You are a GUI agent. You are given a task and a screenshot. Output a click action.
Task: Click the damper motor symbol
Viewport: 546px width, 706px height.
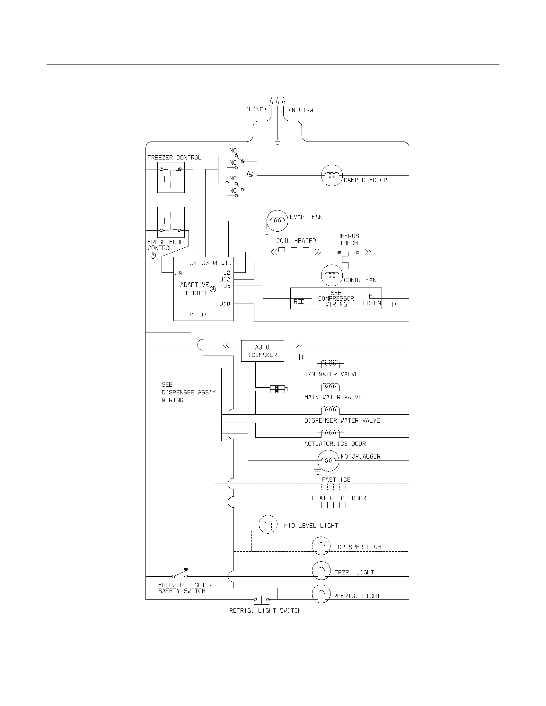point(331,176)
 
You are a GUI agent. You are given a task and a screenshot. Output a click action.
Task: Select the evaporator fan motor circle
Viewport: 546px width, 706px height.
point(277,221)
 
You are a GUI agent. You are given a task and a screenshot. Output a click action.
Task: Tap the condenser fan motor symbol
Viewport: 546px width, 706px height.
point(331,275)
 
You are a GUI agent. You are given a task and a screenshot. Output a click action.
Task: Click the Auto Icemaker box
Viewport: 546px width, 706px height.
point(262,351)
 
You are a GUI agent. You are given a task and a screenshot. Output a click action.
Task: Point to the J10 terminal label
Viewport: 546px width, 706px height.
point(225,304)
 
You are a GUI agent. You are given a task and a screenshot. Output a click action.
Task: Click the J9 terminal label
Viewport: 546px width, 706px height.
point(179,273)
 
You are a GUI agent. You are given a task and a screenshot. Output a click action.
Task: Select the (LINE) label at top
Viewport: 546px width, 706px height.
point(256,109)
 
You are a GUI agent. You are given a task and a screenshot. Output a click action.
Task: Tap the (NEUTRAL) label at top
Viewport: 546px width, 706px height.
point(304,110)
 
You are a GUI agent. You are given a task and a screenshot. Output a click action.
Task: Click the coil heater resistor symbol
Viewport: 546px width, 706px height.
point(295,250)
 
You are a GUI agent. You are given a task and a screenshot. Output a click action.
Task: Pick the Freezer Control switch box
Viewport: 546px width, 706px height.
point(171,177)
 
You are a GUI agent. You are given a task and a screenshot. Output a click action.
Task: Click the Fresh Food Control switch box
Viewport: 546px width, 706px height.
point(171,222)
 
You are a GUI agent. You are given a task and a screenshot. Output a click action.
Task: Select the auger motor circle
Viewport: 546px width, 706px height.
point(328,460)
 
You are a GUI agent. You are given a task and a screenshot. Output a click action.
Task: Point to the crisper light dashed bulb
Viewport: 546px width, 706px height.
point(321,546)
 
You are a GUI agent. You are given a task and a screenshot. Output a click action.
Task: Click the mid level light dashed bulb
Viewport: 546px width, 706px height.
point(268,524)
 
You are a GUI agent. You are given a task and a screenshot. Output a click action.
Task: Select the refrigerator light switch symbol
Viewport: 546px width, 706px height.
point(261,600)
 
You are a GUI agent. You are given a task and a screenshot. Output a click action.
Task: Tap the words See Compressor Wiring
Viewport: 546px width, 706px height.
point(336,298)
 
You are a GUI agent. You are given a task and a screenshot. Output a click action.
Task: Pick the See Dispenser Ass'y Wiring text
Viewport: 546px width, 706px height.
point(188,392)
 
